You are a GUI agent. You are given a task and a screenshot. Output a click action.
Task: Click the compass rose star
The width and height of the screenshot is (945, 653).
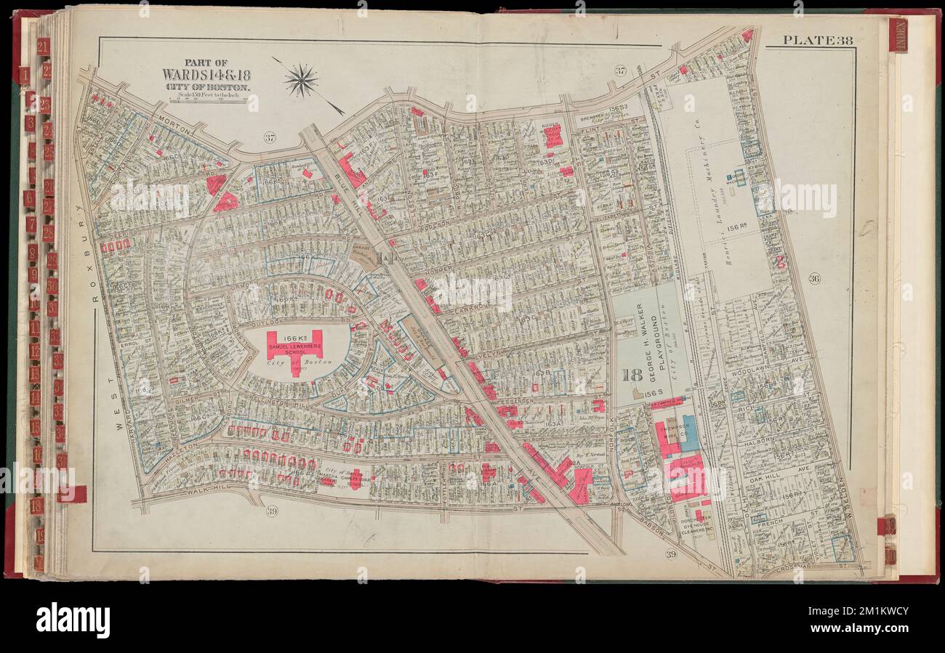click(x=302, y=79)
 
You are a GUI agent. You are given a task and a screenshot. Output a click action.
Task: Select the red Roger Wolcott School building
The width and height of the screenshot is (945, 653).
click(x=553, y=135)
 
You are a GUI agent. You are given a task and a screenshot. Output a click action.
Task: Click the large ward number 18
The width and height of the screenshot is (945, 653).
click(x=631, y=375)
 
